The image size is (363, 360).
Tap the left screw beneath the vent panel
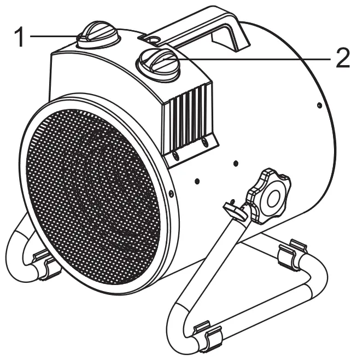click(177, 156)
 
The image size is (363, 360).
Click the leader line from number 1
click(55, 37)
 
